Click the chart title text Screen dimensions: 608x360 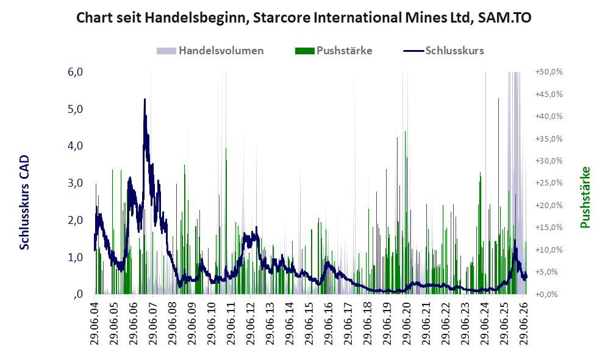304,18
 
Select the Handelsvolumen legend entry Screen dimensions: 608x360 210,51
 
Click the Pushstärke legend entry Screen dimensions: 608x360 334,51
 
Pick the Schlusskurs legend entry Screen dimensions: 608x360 443,51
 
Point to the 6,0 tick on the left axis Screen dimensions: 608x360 75,72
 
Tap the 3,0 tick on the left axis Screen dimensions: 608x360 75,183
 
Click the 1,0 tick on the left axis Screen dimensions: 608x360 75,257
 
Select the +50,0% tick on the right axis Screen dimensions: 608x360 549,72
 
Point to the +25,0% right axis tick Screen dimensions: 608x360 549,183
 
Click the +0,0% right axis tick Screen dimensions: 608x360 549,295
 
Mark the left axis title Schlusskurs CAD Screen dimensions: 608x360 24,203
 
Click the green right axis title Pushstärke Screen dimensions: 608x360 585,198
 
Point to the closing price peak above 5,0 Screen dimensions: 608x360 145,99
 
